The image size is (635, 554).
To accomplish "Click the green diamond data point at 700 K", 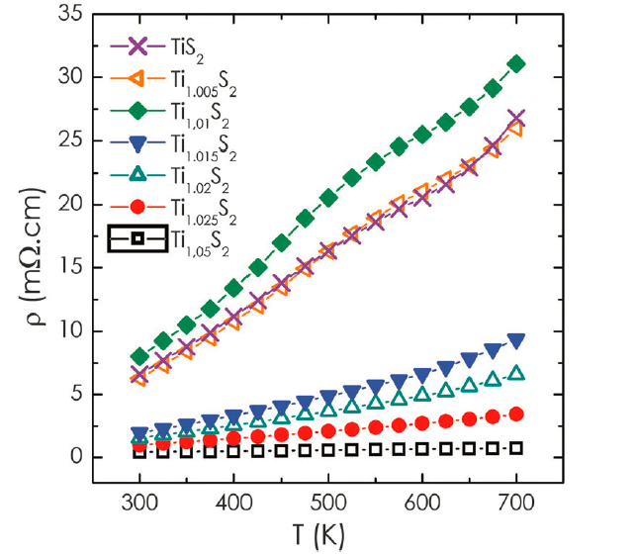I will pyautogui.click(x=515, y=63).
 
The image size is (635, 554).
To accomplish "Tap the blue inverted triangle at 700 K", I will pyautogui.click(x=515, y=341).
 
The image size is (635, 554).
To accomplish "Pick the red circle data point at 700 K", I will pyautogui.click(x=515, y=415).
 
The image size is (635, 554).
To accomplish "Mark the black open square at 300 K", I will pyautogui.click(x=139, y=452).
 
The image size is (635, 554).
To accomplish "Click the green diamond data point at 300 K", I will pyautogui.click(x=139, y=357).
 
